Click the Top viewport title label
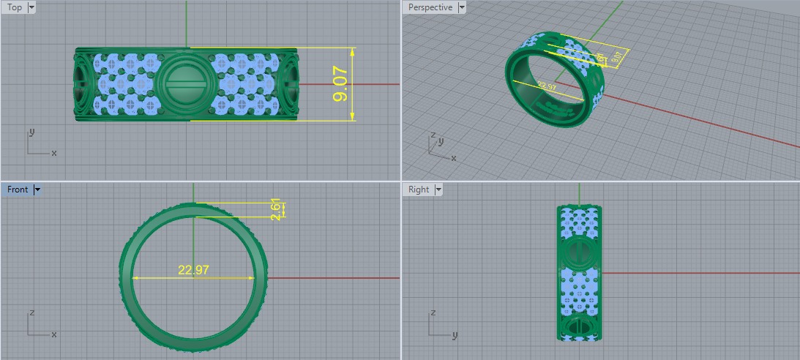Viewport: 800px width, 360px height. click(x=15, y=7)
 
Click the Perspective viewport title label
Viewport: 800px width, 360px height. click(x=430, y=7)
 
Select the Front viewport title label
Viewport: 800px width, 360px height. click(x=18, y=190)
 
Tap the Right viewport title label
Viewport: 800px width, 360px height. click(x=419, y=190)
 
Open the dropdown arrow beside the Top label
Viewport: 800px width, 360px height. click(x=31, y=7)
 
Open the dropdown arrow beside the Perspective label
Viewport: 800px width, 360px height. click(x=461, y=7)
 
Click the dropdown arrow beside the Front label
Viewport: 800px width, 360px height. click(x=37, y=190)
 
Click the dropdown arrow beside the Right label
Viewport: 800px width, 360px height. click(x=438, y=190)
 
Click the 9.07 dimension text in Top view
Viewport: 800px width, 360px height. click(x=340, y=86)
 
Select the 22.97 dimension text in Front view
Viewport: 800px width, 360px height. click(x=193, y=270)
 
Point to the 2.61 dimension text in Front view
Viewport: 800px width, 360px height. click(x=275, y=211)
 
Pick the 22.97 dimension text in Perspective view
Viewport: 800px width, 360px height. click(x=547, y=86)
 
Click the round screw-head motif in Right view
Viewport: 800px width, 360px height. click(x=579, y=252)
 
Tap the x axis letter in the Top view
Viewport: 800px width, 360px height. click(x=54, y=153)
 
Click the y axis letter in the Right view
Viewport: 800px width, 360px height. click(x=455, y=335)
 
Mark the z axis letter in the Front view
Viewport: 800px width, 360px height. click(x=31, y=312)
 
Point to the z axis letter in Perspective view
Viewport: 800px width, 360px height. click(x=433, y=135)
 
